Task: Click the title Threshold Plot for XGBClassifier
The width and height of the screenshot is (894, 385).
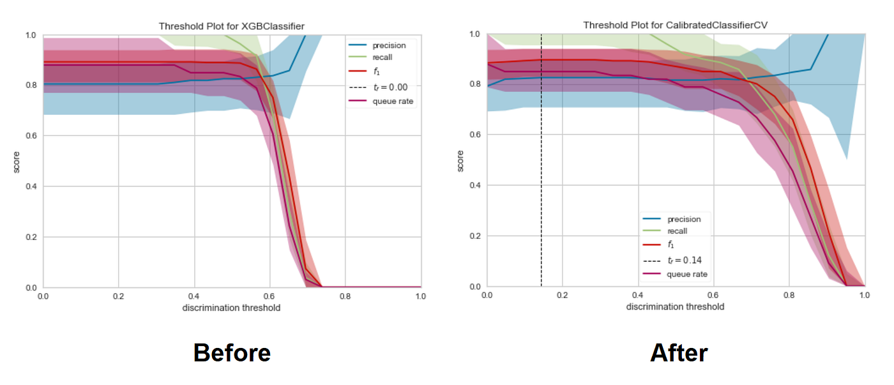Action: pos(231,26)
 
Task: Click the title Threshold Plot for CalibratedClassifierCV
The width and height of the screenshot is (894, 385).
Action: pos(676,25)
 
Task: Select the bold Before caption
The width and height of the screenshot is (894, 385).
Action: pos(232,352)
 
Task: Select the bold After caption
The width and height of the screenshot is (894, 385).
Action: pos(679,352)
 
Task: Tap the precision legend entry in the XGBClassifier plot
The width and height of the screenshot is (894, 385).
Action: pos(389,45)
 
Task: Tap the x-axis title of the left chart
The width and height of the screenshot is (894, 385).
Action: pos(231,308)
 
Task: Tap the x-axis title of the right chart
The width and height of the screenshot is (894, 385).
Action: pos(675,306)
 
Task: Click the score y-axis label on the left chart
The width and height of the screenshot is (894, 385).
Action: pos(17,161)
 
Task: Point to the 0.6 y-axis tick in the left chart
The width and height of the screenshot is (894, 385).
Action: pos(31,135)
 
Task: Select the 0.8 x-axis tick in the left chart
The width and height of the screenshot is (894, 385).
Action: pos(345,297)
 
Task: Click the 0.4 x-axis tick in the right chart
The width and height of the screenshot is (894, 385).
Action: pos(637,296)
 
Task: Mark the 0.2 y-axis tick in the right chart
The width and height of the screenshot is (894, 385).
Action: pos(475,236)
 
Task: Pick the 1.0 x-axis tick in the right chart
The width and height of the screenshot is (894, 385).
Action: pos(864,296)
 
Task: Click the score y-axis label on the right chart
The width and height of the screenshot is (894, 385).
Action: pos(460,160)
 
